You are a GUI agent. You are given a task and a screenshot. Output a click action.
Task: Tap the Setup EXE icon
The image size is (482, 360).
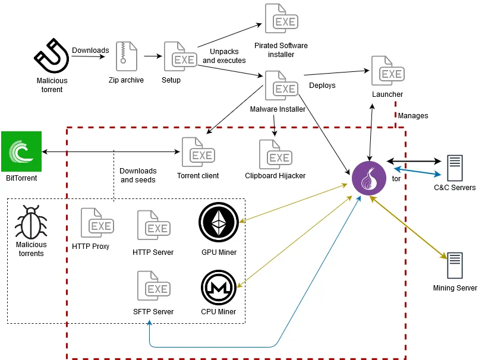click(179, 57)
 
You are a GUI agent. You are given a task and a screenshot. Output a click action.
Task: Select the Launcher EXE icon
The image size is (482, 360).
click(387, 72)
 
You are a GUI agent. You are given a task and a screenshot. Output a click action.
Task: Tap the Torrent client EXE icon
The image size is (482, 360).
click(197, 153)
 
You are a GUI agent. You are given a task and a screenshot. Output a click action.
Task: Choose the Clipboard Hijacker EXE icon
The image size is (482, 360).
click(275, 155)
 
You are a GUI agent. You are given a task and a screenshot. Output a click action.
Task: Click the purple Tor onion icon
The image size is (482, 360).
click(369, 178)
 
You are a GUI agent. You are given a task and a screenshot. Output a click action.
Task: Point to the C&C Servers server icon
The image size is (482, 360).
click(455, 168)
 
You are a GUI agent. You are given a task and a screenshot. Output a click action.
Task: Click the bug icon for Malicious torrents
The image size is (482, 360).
click(30, 223)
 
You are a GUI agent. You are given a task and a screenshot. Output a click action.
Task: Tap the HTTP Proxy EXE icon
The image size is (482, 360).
click(96, 223)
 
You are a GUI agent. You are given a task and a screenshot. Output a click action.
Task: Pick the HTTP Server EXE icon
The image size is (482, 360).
click(153, 226)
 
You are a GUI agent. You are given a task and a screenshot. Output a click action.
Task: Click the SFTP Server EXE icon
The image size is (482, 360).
click(153, 287)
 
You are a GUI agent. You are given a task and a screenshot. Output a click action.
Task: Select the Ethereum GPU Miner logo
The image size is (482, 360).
click(218, 222)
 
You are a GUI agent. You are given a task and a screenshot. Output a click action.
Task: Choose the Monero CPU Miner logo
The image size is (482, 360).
click(218, 287)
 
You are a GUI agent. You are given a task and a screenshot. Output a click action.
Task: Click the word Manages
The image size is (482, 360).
click(412, 116)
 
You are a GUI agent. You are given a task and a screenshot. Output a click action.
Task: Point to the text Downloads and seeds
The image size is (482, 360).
click(138, 175)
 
